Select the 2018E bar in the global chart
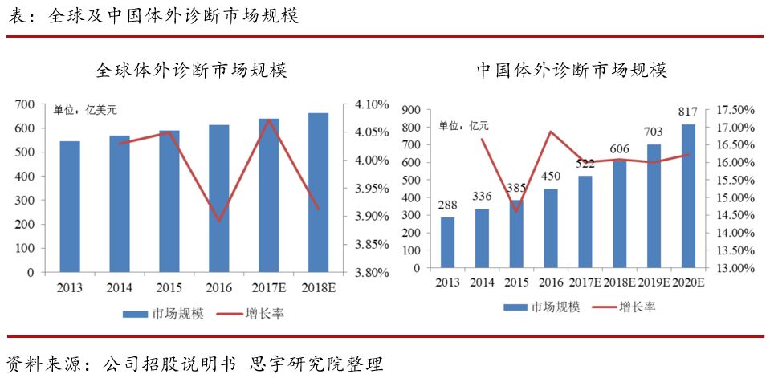[318, 193]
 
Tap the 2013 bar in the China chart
[447, 242]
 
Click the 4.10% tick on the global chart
[371, 104]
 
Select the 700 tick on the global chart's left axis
[25, 104]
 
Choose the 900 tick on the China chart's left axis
[411, 110]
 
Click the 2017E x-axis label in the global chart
[270, 287]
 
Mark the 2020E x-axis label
[688, 282]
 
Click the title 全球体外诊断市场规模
[191, 71]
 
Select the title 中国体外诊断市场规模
[571, 71]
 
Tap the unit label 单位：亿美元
[85, 111]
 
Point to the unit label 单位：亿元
[463, 126]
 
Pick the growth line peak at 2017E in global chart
[269, 120]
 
